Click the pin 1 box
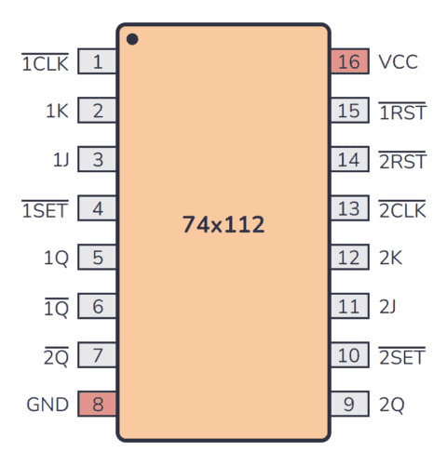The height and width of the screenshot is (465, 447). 98,63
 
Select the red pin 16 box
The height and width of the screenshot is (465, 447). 348,63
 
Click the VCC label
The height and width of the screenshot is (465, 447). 398,63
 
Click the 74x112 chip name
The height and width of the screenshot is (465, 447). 223,224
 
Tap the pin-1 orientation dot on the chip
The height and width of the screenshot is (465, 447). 132,39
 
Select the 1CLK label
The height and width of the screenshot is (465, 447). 45,63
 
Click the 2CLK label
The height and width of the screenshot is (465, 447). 401,209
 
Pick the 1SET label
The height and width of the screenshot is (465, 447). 45,209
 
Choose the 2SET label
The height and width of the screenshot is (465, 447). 401,355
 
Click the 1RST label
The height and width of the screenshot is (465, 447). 401,112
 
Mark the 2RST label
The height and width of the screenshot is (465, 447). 401,160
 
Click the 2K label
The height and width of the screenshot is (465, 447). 390,258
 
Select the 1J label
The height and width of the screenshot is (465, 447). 61,160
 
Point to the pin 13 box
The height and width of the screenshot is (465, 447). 348,209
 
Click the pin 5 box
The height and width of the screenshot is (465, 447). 98,258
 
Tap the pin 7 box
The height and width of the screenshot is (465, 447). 98,355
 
